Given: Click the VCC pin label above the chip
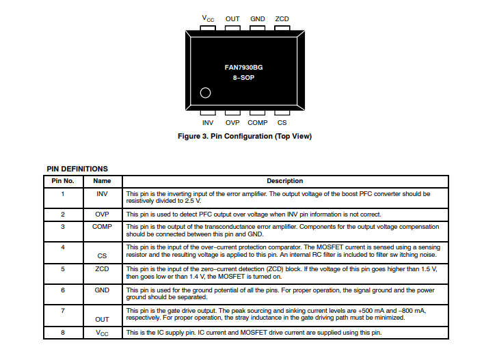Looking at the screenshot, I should coord(208,18).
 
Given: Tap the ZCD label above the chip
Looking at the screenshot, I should coord(282,18).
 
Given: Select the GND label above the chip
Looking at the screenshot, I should coord(258,18).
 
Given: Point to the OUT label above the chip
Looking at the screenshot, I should coord(232,18).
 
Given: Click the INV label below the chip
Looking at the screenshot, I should coord(208,122).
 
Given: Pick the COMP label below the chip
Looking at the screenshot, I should coord(258,122).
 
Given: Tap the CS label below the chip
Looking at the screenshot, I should coord(282,122).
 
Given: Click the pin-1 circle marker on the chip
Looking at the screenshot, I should coord(204,94).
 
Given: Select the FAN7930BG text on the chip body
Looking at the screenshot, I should coord(243,68).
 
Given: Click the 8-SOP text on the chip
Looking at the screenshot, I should coord(243,79).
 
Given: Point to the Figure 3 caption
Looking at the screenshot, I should coord(244,137).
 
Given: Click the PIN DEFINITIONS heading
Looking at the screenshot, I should coord(77,169).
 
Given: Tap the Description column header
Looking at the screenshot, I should coord(285,181).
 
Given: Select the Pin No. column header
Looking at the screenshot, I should coord(63,181).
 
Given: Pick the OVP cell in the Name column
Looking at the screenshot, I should coord(103,214).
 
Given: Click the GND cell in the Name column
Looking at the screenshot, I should coord(103,290).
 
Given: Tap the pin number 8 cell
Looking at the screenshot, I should coord(63,332).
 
